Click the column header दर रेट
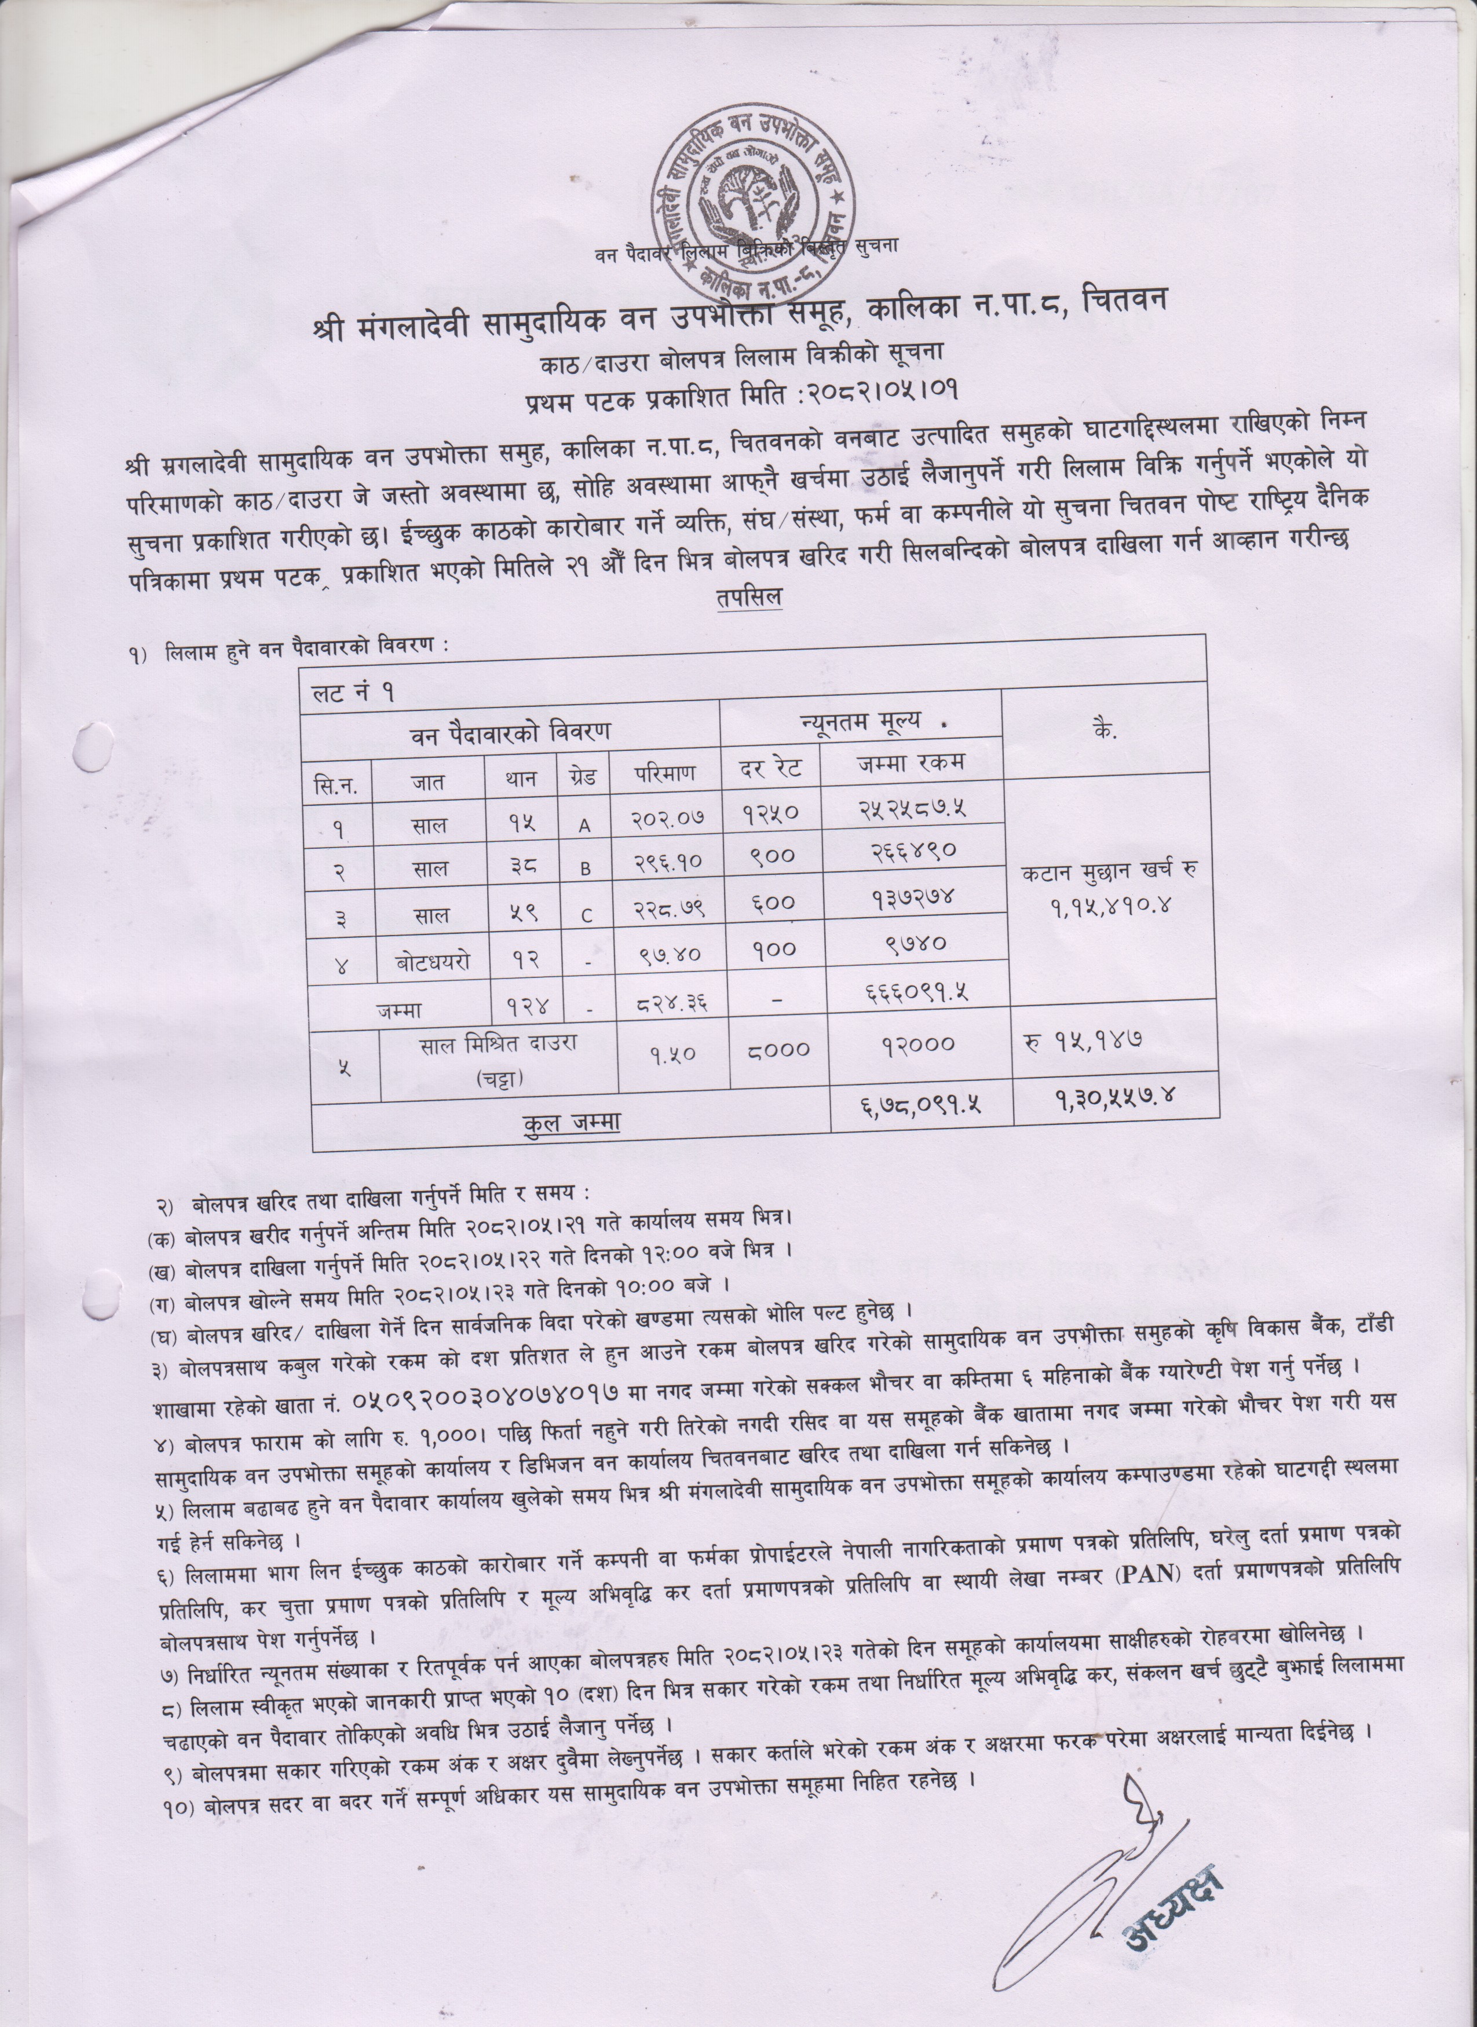click(770, 767)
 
